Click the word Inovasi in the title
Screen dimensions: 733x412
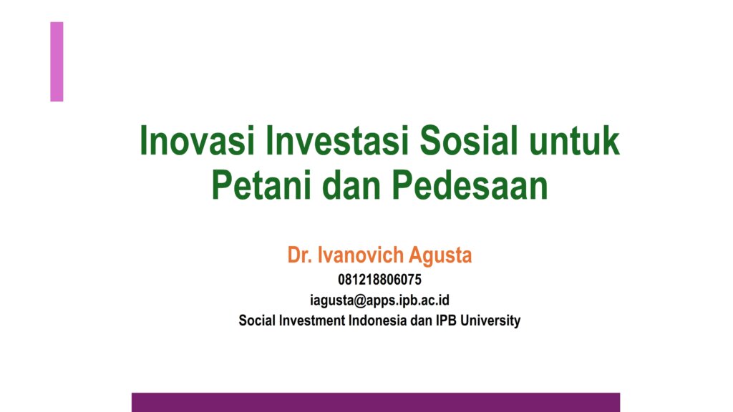click(197, 141)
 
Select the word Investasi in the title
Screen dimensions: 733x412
click(336, 141)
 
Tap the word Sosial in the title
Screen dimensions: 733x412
click(468, 141)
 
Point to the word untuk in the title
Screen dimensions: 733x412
click(575, 141)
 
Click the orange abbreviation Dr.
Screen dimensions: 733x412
click(299, 255)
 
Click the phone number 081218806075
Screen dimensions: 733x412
click(379, 280)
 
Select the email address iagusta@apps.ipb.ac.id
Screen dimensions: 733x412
click(379, 300)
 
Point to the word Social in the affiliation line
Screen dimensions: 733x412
click(257, 320)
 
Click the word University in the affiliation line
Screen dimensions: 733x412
click(490, 321)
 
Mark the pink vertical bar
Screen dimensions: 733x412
click(57, 62)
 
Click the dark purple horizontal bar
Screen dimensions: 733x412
click(376, 402)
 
